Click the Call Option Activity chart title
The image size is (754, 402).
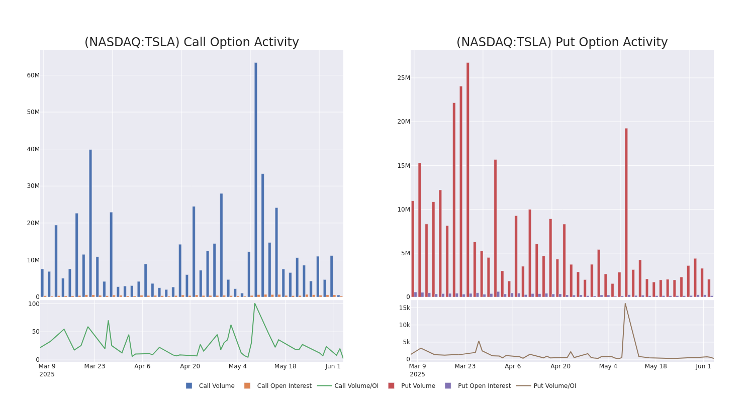click(x=192, y=42)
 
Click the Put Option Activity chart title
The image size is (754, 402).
click(x=561, y=42)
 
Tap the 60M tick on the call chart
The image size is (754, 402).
click(x=33, y=75)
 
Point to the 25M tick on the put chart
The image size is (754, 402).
click(x=404, y=78)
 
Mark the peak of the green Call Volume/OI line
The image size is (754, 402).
click(x=254, y=304)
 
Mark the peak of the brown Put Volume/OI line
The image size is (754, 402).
click(x=625, y=304)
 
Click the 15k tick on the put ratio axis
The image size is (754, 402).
click(x=405, y=308)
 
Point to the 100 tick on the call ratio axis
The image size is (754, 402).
click(x=34, y=304)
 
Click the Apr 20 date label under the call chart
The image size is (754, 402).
click(x=190, y=366)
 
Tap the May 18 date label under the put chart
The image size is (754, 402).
click(x=655, y=366)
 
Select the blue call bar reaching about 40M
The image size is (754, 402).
click(x=90, y=223)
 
